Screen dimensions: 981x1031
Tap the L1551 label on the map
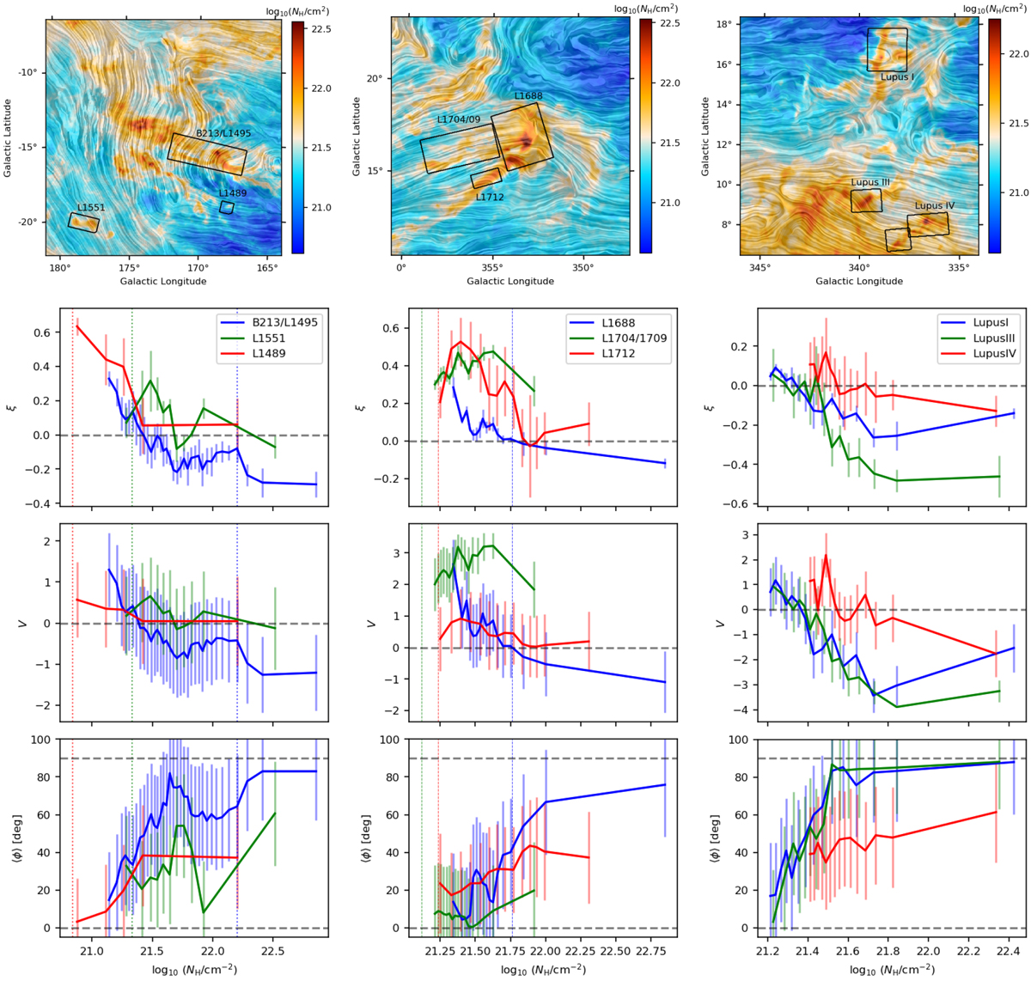pyautogui.click(x=91, y=208)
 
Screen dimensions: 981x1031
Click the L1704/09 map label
pyautogui.click(x=458, y=119)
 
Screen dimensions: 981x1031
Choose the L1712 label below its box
pyautogui.click(x=490, y=198)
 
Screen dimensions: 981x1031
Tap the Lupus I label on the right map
pyautogui.click(x=897, y=77)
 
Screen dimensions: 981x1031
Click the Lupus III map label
pyautogui.click(x=870, y=183)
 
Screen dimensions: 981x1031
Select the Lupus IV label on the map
pyautogui.click(x=935, y=206)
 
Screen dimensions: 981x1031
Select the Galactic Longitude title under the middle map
pyautogui.click(x=510, y=281)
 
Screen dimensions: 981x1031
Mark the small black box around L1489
pyautogui.click(x=226, y=208)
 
